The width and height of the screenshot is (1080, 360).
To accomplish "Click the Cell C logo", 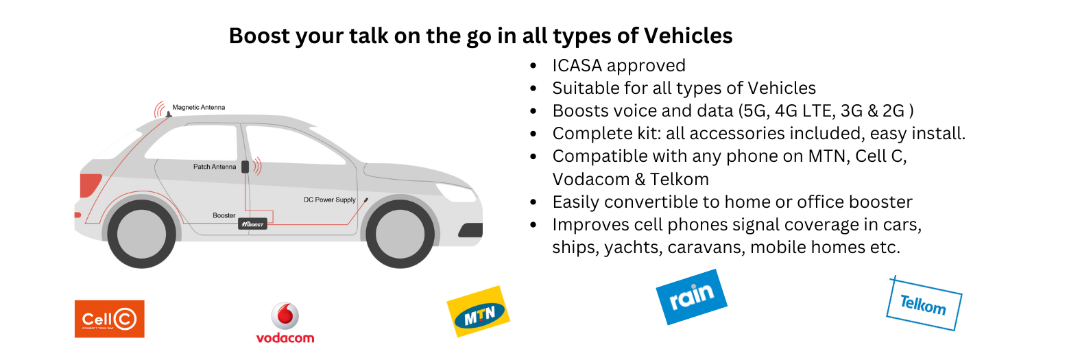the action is coord(110,319).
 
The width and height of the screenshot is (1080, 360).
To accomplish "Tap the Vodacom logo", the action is coord(285,323).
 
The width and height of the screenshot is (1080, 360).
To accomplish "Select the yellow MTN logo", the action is coord(479,311).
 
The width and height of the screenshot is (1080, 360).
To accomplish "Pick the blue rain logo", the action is coord(691,297).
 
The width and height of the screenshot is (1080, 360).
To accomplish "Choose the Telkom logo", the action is coord(924,304).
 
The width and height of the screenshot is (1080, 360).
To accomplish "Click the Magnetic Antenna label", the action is coord(199,108).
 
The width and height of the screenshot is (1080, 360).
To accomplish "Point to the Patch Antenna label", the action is coord(215,167).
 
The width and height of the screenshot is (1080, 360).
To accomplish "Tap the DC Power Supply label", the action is coord(330,200).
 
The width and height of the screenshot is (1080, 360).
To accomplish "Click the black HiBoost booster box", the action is coord(252,224).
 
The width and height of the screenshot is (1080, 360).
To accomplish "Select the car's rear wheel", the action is coord(142,235).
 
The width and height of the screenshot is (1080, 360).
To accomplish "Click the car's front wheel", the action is coord(400,235).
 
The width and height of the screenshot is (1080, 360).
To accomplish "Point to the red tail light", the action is coord(90,185).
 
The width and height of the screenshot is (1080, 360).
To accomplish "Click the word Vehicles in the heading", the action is coord(688,36).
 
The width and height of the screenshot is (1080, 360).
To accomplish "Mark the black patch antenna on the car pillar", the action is coord(245,167).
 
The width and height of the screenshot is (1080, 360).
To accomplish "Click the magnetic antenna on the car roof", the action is coord(168,115).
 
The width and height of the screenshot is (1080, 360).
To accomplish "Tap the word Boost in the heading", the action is coord(259,36).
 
